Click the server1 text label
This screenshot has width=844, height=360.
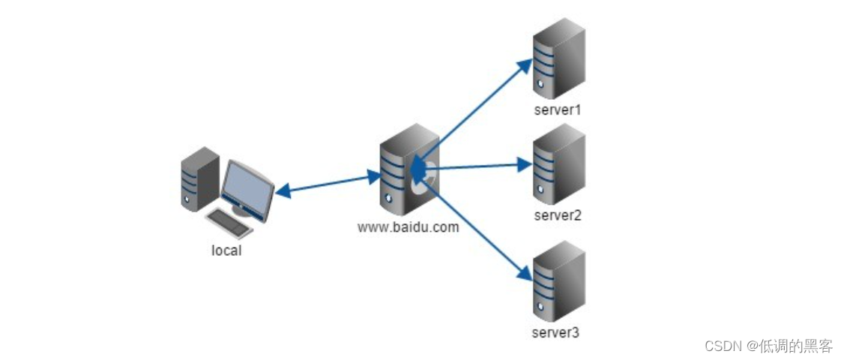[x=558, y=110]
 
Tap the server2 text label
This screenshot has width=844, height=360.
[x=558, y=215]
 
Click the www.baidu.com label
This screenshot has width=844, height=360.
[x=408, y=226]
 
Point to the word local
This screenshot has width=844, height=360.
[x=226, y=250]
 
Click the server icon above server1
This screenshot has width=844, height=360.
[x=558, y=58]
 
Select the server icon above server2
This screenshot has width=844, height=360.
[x=558, y=164]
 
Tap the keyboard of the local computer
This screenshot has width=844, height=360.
[x=229, y=223]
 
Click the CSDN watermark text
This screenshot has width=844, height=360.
[x=768, y=346]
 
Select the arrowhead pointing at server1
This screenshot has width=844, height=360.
[x=525, y=65]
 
